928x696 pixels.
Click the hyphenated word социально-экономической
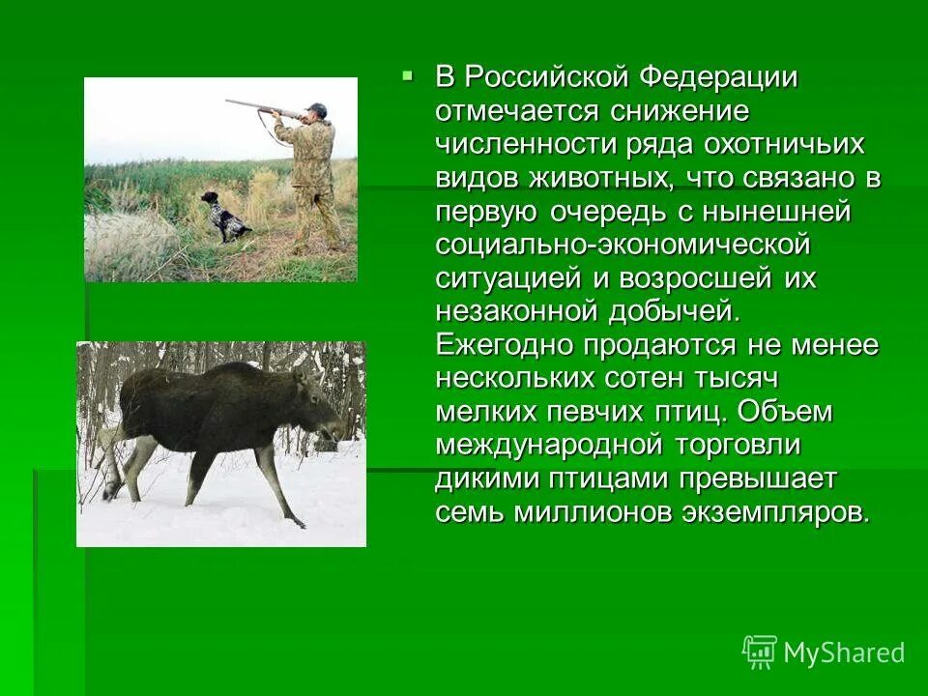[623, 245]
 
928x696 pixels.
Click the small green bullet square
[408, 73]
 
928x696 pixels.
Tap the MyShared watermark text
[844, 652]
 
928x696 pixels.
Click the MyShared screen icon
[759, 652]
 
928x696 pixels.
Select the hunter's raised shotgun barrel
[251, 105]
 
